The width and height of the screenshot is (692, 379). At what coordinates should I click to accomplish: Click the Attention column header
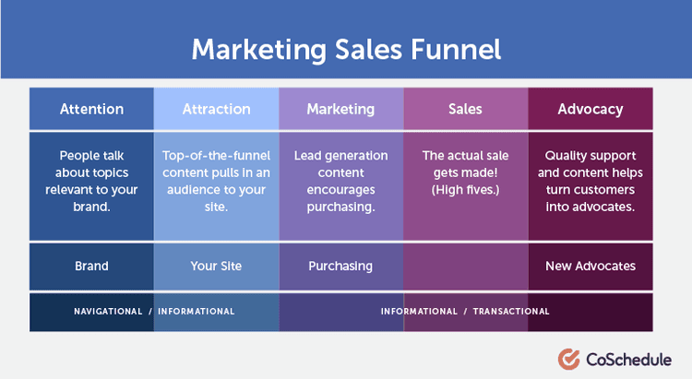click(91, 109)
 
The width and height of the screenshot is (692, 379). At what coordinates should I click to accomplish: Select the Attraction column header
click(216, 109)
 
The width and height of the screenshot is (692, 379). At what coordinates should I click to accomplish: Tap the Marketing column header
click(340, 109)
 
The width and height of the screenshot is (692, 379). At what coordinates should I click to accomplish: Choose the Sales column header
click(465, 109)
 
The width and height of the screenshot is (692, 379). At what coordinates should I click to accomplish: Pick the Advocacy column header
click(590, 109)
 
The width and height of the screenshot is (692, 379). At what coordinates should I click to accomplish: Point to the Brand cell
click(91, 266)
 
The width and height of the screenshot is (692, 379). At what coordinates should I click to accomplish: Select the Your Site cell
click(216, 266)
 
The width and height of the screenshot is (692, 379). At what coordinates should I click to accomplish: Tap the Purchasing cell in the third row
click(340, 266)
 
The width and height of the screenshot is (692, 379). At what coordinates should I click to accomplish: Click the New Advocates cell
click(590, 266)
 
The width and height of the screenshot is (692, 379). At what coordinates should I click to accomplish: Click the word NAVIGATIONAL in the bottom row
click(108, 312)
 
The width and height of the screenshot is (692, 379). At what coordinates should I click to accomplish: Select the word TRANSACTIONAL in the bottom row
click(511, 312)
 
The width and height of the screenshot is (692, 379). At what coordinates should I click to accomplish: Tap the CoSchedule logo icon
click(568, 358)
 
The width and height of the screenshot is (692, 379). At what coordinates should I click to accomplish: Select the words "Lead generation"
click(340, 156)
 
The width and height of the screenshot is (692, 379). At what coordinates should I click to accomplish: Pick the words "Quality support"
click(590, 156)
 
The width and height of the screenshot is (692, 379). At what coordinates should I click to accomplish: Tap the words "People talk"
click(91, 156)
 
